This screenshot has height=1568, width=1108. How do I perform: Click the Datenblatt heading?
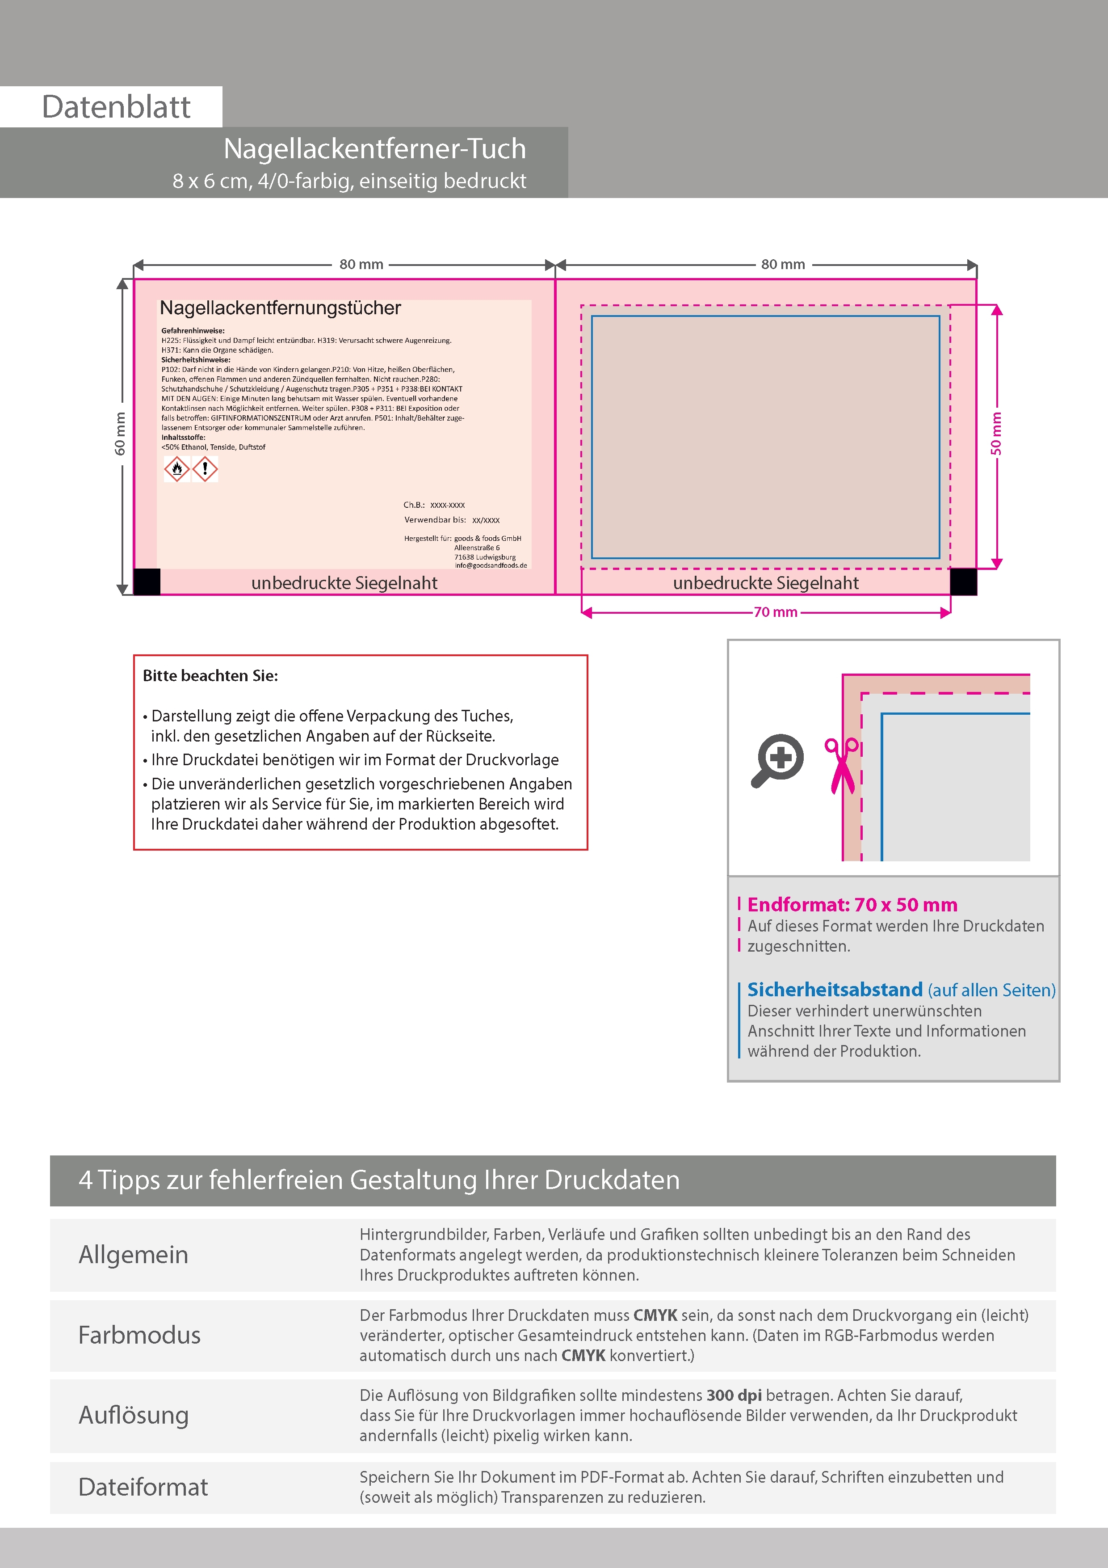click(x=116, y=107)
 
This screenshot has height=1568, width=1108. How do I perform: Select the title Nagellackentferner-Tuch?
click(x=375, y=149)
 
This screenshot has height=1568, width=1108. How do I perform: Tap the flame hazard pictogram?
click(x=177, y=469)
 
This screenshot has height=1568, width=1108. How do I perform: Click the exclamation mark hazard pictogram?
click(x=205, y=469)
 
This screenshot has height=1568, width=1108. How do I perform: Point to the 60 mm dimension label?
click(x=120, y=434)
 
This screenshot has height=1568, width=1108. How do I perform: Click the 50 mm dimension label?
click(x=996, y=434)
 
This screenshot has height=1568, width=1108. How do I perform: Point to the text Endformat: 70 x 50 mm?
click(x=852, y=905)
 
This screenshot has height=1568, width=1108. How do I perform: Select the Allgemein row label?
click(x=133, y=1255)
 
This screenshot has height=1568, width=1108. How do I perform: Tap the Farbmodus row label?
click(x=139, y=1335)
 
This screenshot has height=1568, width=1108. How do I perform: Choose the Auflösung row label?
click(x=134, y=1415)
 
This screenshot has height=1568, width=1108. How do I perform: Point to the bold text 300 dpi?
click(x=734, y=1395)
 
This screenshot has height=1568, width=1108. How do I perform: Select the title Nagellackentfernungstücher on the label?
click(x=280, y=308)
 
